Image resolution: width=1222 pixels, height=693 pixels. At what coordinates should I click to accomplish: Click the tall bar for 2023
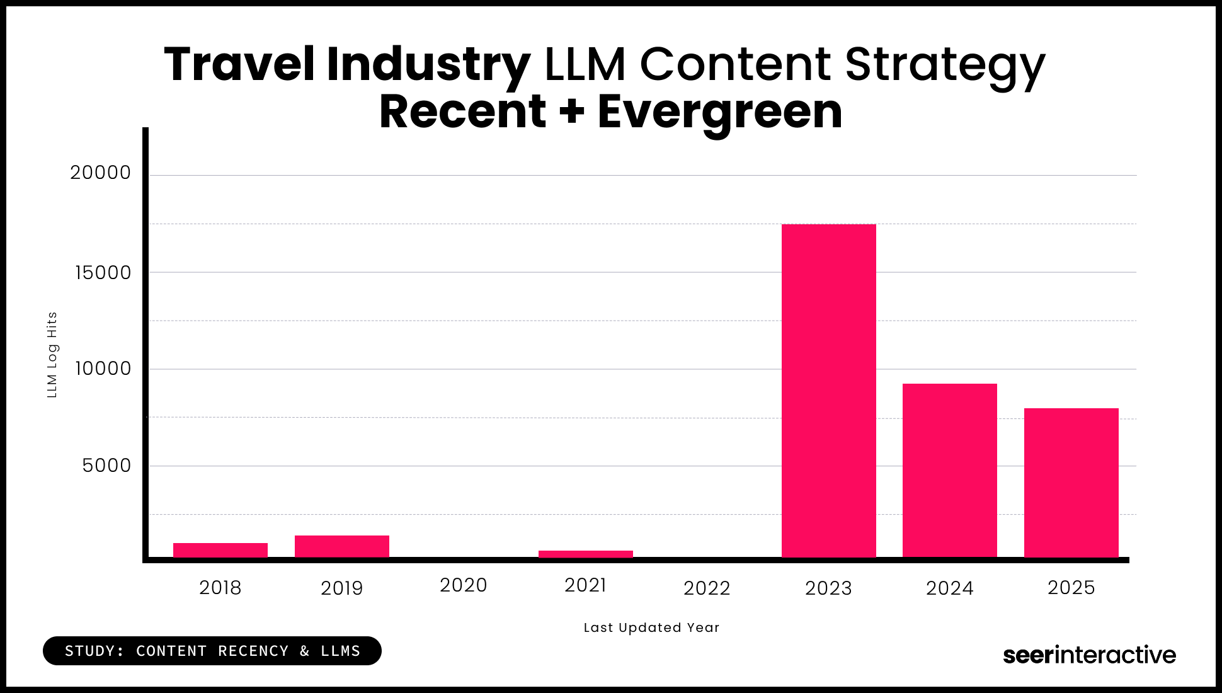(828, 391)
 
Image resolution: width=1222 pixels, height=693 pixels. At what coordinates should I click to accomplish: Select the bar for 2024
(949, 470)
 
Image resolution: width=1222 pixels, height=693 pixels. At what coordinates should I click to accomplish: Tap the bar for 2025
(1071, 483)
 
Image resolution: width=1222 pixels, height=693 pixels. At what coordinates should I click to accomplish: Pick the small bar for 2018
(220, 550)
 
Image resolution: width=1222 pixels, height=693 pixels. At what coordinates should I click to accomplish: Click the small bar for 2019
(341, 546)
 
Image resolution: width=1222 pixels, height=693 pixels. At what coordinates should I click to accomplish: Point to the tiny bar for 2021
(585, 554)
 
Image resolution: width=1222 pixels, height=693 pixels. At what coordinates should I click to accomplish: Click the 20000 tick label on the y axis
(100, 173)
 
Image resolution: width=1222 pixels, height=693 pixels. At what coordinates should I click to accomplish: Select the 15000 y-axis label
(103, 273)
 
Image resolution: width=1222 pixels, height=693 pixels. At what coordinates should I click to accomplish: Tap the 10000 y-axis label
(103, 369)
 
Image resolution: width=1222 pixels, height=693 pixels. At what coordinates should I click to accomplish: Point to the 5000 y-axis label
(106, 466)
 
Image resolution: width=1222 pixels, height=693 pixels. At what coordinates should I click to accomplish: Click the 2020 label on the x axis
(463, 585)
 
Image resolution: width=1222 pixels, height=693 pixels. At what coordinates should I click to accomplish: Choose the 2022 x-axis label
(706, 588)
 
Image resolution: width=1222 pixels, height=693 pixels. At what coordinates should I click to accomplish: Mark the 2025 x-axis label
(1071, 588)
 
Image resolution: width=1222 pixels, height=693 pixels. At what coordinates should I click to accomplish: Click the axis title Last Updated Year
(651, 627)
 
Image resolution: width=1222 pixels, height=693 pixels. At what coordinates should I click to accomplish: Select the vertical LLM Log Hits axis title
(52, 355)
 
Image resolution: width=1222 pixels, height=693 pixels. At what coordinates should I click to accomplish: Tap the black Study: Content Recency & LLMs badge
(212, 651)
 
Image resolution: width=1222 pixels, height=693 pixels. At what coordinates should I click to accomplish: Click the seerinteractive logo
(1089, 655)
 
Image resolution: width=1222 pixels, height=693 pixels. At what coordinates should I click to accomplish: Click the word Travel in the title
(239, 64)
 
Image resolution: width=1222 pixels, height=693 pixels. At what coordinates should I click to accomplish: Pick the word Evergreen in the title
(719, 112)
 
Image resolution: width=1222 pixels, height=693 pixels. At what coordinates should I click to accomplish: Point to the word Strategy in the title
(944, 66)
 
